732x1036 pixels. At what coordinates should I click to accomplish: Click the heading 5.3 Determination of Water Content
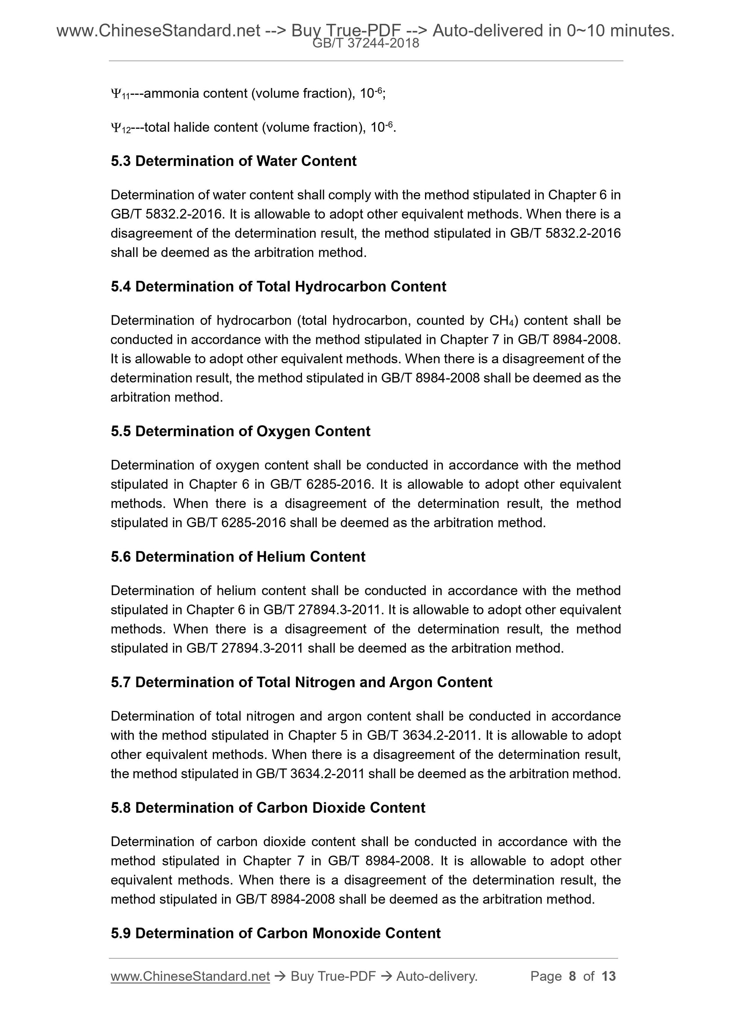(x=233, y=161)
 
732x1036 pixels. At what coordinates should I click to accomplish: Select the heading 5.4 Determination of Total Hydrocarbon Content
(x=278, y=286)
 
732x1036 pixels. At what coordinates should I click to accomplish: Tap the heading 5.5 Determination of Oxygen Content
(x=240, y=431)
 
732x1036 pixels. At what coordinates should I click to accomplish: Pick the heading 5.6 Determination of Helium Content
(x=238, y=557)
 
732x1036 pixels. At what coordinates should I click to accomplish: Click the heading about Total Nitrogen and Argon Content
(x=301, y=682)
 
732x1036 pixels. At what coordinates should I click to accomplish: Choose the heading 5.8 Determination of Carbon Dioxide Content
(x=268, y=808)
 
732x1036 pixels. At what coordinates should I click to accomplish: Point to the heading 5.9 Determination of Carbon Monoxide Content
(x=276, y=933)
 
